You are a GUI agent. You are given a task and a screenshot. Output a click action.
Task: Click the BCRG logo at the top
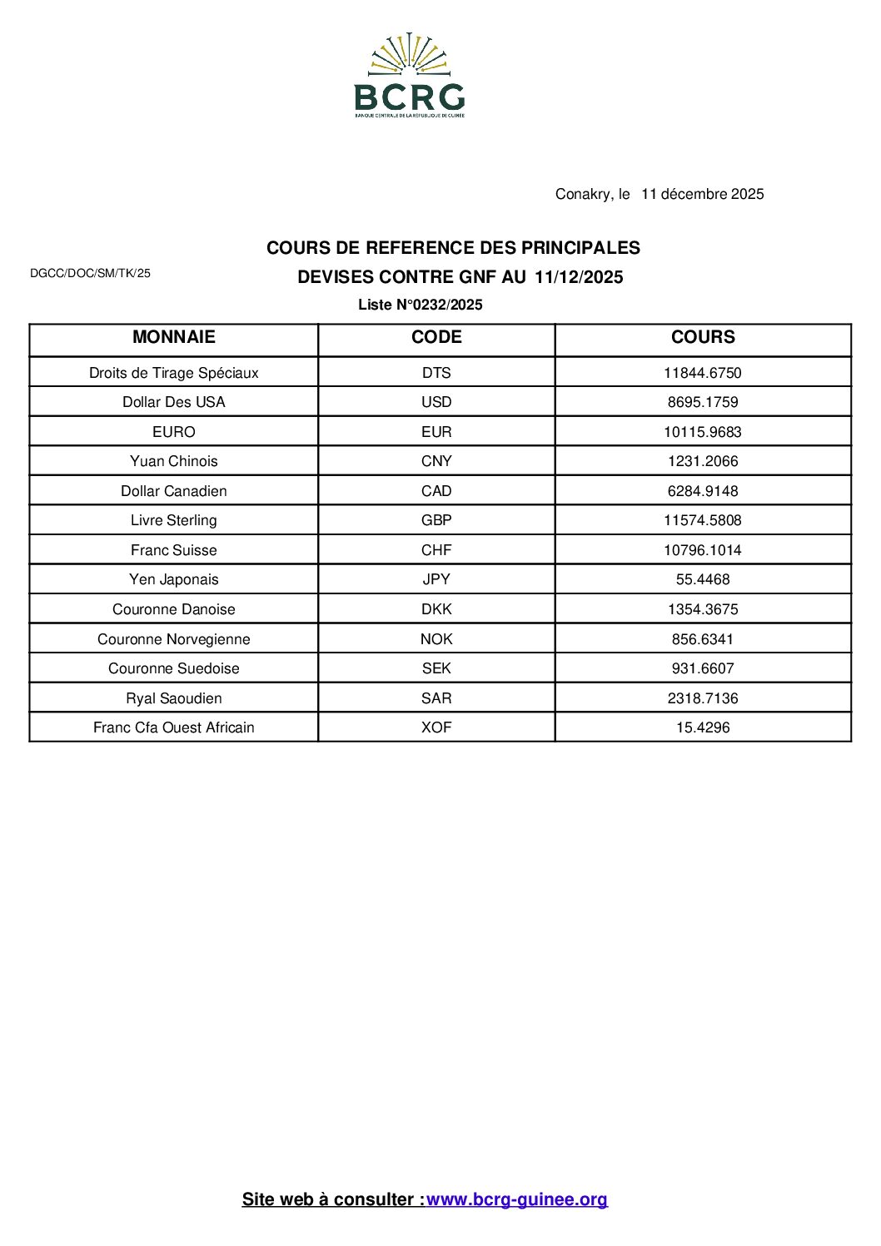click(409, 77)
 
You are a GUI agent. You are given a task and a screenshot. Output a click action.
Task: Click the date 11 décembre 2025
click(702, 194)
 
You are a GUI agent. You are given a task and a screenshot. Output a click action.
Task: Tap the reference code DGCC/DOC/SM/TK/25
click(90, 273)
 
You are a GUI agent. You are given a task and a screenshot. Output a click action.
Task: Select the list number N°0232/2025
click(421, 305)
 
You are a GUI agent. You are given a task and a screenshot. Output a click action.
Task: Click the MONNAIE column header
click(173, 337)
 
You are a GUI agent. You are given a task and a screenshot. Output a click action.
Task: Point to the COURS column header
click(703, 337)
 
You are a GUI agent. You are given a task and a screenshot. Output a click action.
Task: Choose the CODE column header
click(436, 337)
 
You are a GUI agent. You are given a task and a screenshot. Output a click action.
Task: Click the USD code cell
click(436, 402)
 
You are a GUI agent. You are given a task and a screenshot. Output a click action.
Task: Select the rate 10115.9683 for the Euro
click(703, 432)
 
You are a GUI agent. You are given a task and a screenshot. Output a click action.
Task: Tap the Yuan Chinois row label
click(173, 461)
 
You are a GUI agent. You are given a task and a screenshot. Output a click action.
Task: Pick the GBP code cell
click(436, 520)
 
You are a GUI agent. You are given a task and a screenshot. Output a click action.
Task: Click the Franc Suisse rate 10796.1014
click(703, 550)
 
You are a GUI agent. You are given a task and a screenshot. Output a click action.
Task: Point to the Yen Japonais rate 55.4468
click(703, 579)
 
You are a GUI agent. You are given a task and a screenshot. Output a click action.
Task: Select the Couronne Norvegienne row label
click(173, 639)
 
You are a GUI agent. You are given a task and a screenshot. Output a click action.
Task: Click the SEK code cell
click(436, 668)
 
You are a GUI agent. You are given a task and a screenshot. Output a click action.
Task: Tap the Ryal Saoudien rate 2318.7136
click(703, 698)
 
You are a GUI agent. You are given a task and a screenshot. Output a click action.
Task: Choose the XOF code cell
click(436, 727)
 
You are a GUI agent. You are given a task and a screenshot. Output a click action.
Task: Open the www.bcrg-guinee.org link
click(517, 1199)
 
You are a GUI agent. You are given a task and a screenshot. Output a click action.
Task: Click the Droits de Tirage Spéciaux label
click(173, 373)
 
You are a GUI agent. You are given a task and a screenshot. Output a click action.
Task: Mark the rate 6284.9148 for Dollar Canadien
click(703, 491)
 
